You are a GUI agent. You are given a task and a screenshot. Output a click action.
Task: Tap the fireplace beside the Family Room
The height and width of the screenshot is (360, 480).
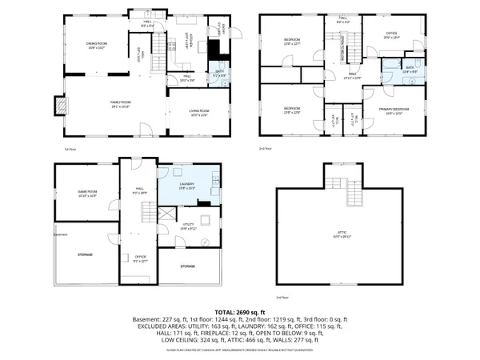point(58,106)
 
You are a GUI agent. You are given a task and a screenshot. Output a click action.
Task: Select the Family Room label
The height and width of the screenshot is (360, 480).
point(119,104)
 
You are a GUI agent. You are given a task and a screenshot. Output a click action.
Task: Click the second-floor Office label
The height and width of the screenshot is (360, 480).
point(390,34)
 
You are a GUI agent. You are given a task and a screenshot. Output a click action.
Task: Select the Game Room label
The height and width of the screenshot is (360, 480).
point(86,193)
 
